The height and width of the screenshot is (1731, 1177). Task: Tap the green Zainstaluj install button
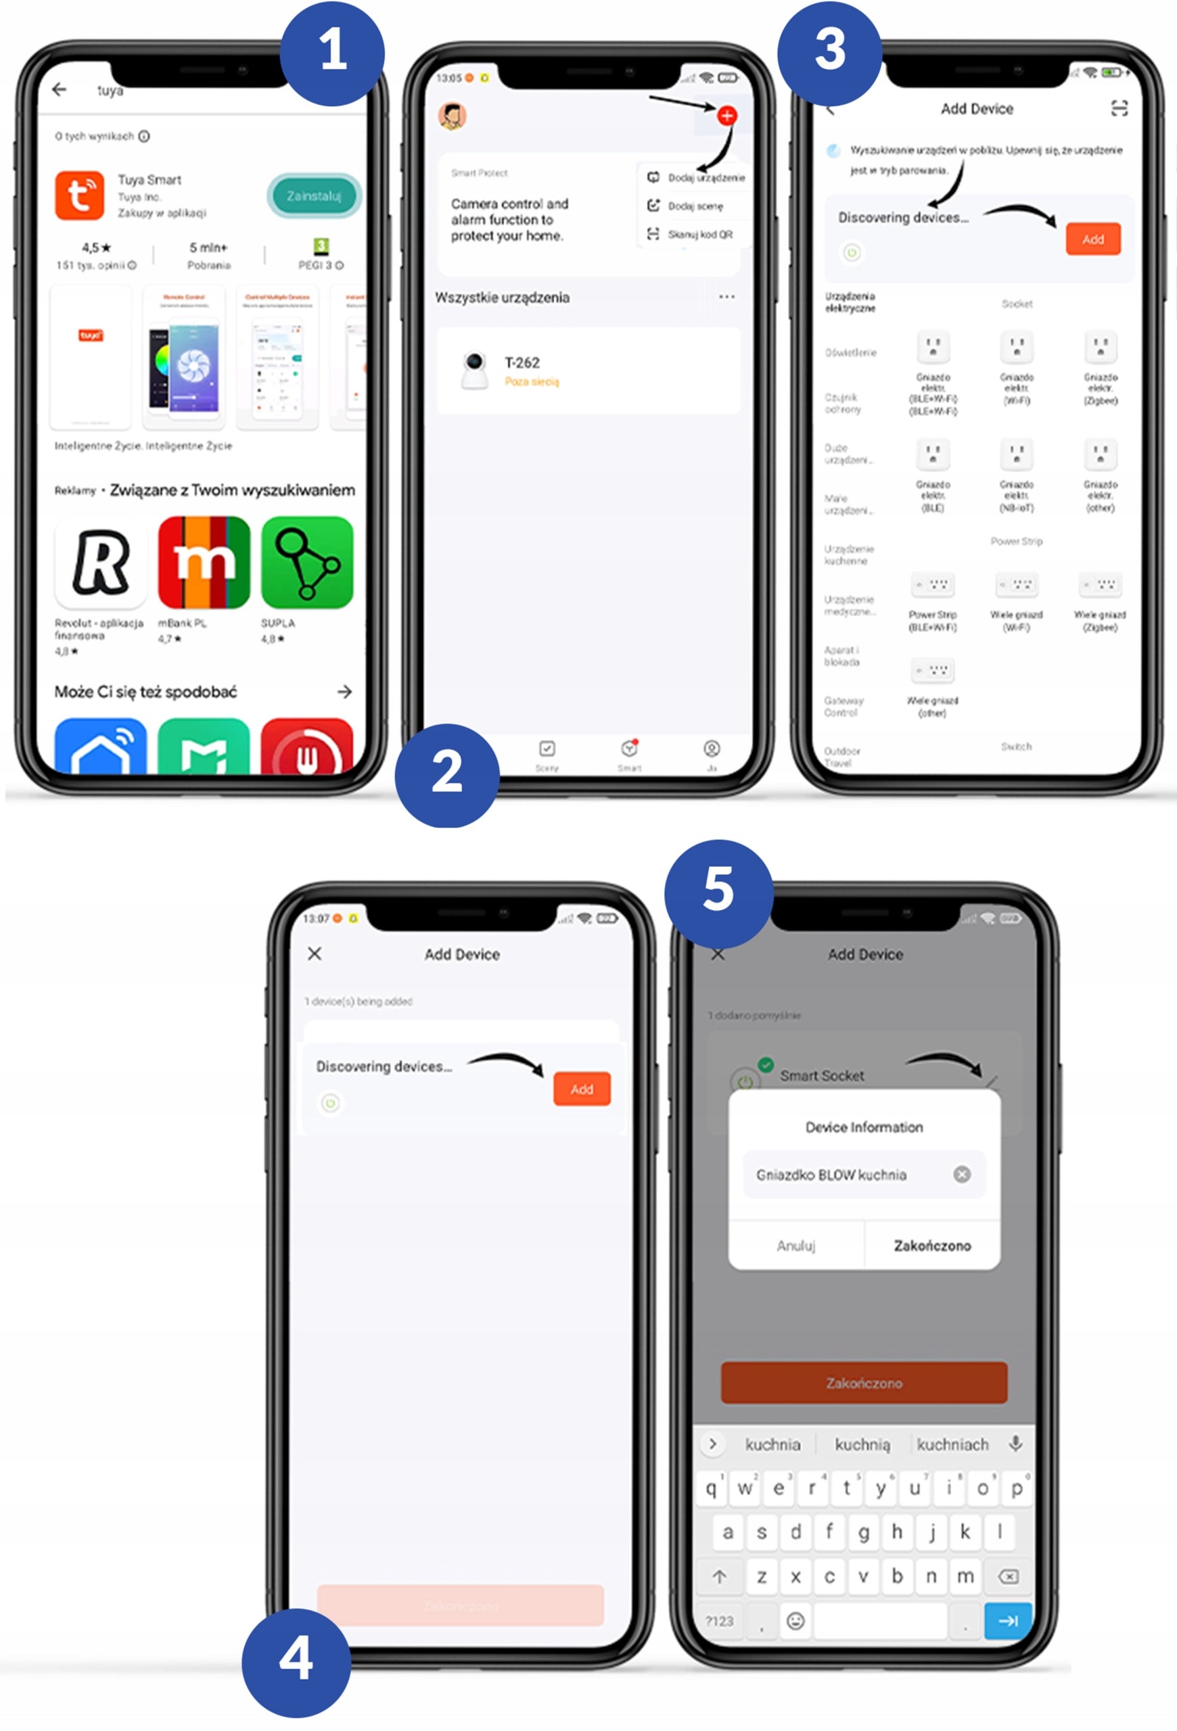[x=314, y=196]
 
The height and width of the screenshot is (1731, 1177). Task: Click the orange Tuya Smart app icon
[x=80, y=195]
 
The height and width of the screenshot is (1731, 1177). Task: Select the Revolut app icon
[x=101, y=563]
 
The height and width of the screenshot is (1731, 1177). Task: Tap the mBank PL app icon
[x=204, y=563]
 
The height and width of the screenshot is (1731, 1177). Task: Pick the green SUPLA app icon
[x=307, y=563]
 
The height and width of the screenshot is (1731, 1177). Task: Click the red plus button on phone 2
[x=726, y=116]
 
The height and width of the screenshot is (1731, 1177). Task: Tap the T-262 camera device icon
[x=474, y=370]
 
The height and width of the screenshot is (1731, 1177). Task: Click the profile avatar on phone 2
[x=452, y=116]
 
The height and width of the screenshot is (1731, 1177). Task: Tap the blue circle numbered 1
[x=332, y=52]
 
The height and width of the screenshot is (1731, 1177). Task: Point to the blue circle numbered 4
[x=296, y=1660]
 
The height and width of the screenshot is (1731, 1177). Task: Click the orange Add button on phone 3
[x=1092, y=239]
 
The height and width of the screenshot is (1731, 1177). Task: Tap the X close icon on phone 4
[x=315, y=953]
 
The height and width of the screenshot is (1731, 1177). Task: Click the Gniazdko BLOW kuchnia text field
[x=849, y=1175]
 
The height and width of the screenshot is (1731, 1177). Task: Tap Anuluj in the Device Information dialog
[x=795, y=1246]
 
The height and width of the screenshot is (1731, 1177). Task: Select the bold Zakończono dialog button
[x=932, y=1246]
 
